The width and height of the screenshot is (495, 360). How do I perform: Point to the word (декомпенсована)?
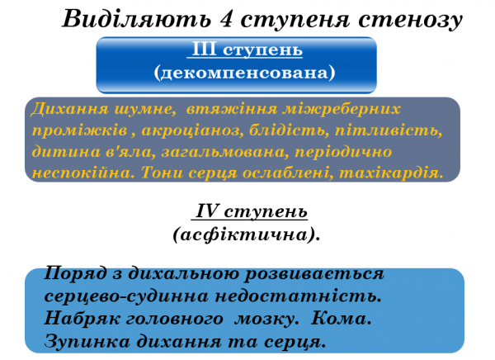pyautogui.click(x=244, y=73)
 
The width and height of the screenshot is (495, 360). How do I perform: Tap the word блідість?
pyautogui.click(x=283, y=130)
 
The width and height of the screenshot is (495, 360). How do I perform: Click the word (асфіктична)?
pyautogui.click(x=246, y=234)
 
